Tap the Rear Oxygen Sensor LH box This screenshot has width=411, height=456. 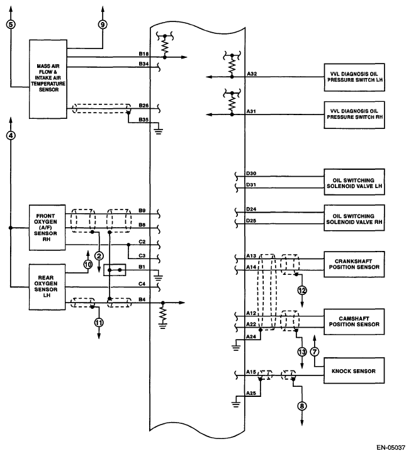(x=47, y=287)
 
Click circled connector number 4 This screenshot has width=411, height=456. (x=11, y=135)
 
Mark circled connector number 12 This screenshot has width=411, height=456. (x=302, y=291)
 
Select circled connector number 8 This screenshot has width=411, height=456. (x=303, y=406)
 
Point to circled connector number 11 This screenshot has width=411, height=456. (x=99, y=323)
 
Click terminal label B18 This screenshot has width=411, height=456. (x=144, y=55)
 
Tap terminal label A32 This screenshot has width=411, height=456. (x=252, y=74)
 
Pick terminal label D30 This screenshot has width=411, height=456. (x=251, y=173)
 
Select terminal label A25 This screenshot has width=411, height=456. (x=251, y=393)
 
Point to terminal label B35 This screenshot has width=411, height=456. (x=144, y=119)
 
